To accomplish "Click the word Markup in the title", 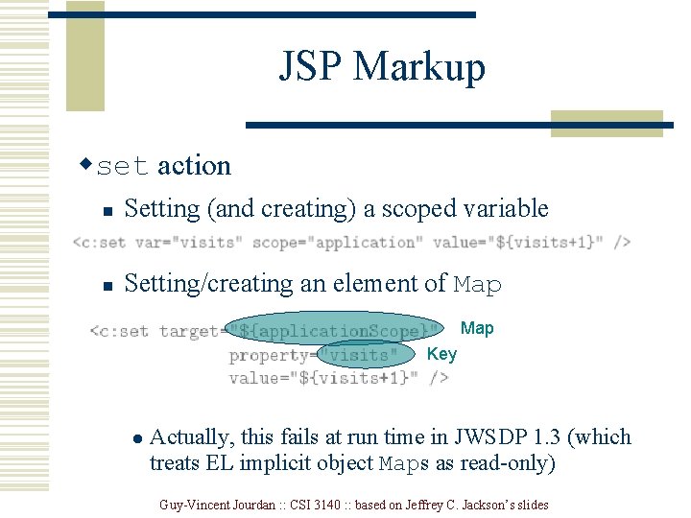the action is pyautogui.click(x=419, y=67).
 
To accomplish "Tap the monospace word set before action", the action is pyautogui.click(x=124, y=167).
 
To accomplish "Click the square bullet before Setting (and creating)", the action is pyautogui.click(x=109, y=211).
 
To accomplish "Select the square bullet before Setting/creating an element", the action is pyautogui.click(x=109, y=286).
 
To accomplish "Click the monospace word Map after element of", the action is pyautogui.click(x=477, y=285).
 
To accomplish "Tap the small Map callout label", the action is pyautogui.click(x=477, y=329).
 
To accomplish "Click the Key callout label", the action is pyautogui.click(x=441, y=354).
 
